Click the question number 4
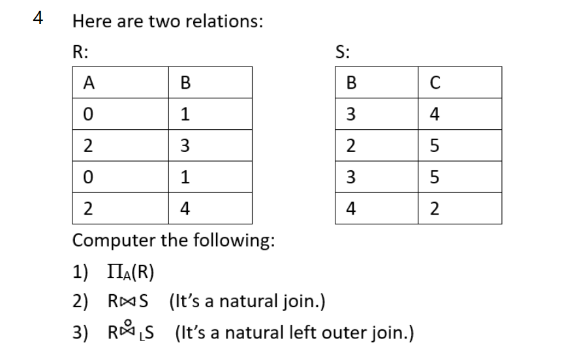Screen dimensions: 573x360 tap(39, 18)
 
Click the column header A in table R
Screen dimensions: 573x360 tap(86, 83)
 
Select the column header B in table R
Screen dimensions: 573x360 tap(185, 83)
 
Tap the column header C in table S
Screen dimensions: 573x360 tap(435, 83)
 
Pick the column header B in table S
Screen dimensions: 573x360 tap(352, 83)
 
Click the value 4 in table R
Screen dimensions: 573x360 tap(185, 209)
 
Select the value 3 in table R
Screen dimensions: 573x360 tap(185, 146)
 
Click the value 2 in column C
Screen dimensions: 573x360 tap(435, 209)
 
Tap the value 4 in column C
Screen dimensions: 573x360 tap(435, 115)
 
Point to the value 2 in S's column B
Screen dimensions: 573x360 tap(352, 146)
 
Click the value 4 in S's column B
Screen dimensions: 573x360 tap(352, 209)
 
